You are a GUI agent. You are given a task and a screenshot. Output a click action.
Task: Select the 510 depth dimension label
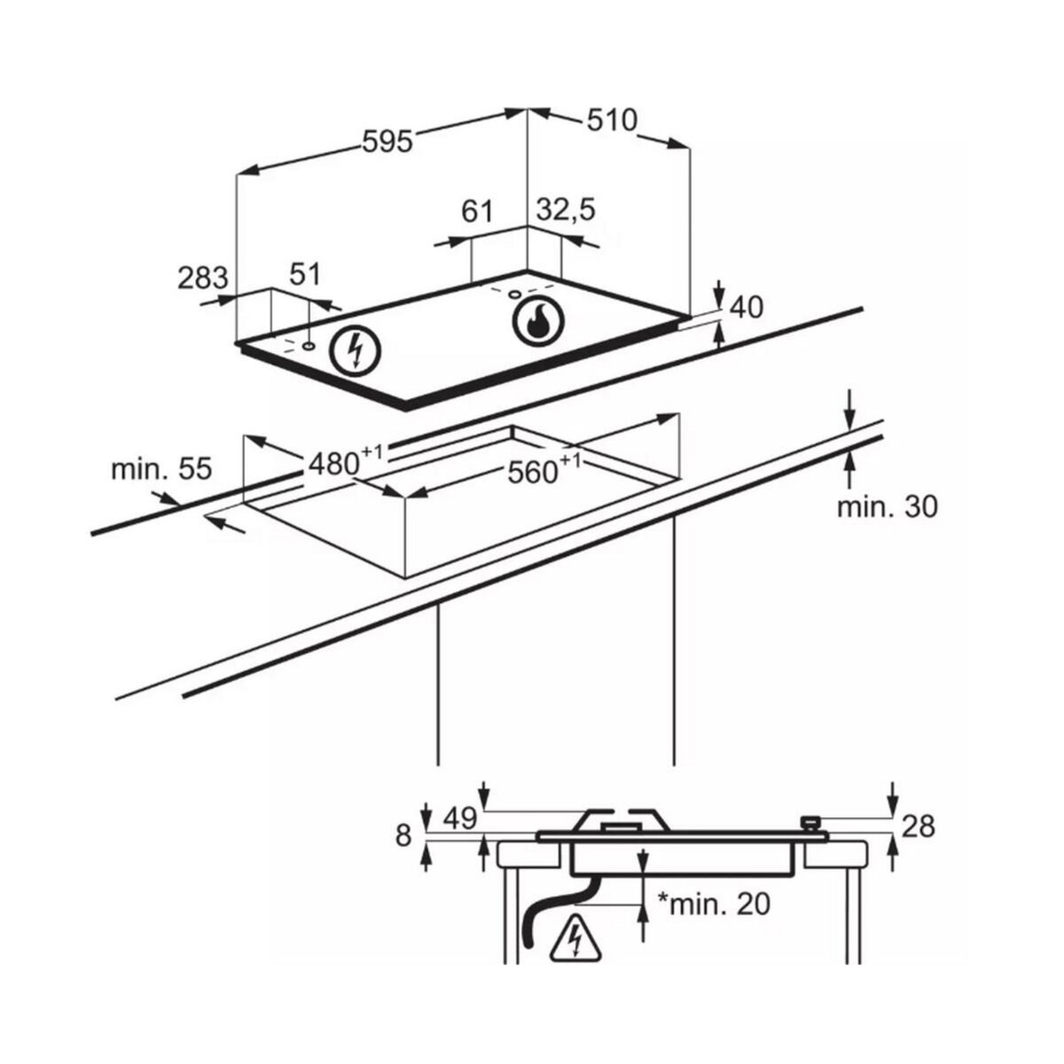(x=611, y=120)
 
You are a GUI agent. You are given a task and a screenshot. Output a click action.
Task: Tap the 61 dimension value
(x=476, y=211)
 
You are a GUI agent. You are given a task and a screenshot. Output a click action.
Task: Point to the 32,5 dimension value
(x=566, y=210)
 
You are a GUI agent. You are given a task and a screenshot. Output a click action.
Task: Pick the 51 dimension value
(x=305, y=274)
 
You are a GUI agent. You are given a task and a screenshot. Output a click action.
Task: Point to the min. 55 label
(x=161, y=469)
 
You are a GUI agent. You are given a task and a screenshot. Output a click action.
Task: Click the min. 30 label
(x=887, y=506)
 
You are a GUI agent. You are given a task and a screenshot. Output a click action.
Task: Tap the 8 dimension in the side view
(x=404, y=835)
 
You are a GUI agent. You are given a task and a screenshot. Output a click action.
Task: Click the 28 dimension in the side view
(x=918, y=826)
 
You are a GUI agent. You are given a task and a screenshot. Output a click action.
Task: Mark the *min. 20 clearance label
(x=713, y=904)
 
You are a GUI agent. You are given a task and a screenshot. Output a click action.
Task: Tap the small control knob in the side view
(x=809, y=824)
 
